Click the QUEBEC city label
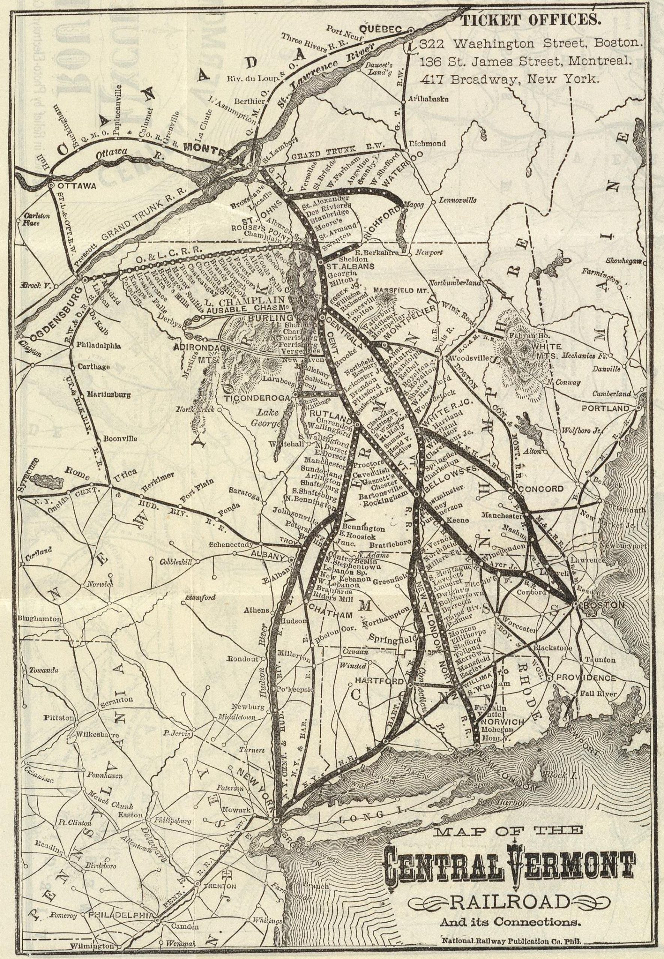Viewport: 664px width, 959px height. [x=386, y=29]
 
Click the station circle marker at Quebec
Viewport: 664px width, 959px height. [x=411, y=30]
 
